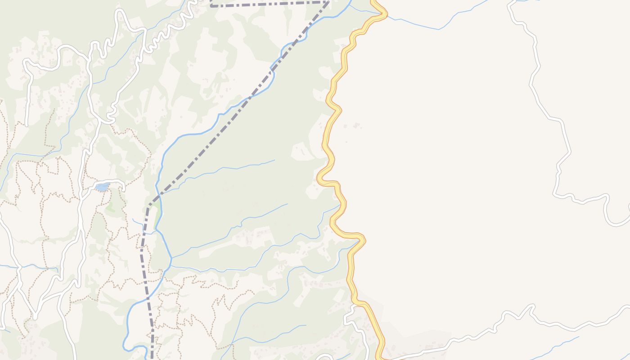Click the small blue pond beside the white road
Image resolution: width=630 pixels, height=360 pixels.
pyautogui.click(x=103, y=187)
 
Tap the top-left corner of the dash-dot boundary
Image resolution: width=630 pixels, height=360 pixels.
pyautogui.click(x=211, y=6)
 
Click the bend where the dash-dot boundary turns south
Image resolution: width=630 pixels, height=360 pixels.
pyautogui.click(x=149, y=205)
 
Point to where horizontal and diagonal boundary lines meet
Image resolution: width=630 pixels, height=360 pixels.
pyautogui.click(x=328, y=2)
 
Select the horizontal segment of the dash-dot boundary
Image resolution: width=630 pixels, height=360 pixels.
pyautogui.click(x=270, y=4)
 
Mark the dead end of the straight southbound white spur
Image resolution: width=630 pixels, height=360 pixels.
pyautogui.click(x=27, y=124)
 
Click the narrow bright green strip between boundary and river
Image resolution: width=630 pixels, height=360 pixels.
pyautogui.click(x=157, y=218)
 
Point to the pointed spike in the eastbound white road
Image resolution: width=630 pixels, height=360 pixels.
pyautogui.click(x=532, y=306)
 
